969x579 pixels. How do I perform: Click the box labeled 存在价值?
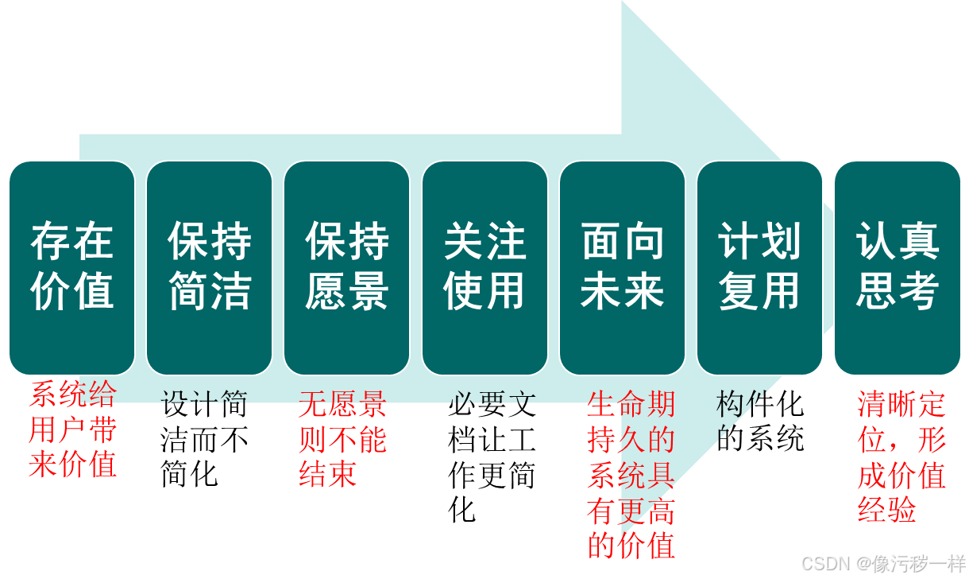71,267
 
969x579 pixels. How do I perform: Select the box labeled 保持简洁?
209,267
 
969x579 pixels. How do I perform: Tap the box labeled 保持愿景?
346,267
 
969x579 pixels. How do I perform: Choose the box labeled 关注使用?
484,267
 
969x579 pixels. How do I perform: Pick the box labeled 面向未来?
622,267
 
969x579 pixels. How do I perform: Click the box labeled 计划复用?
759,267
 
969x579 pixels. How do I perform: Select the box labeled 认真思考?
898,267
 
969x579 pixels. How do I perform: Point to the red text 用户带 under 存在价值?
72,429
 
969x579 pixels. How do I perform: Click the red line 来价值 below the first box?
72,464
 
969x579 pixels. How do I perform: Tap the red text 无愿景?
342,405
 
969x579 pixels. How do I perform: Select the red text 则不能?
342,439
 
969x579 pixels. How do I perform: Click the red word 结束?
327,473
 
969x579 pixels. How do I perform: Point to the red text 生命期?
631,404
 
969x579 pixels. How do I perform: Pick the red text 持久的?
631,439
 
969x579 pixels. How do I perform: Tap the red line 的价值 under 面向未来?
631,545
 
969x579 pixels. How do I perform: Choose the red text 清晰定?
901,405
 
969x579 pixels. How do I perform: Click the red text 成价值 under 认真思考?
901,476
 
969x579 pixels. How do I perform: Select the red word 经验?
886,510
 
